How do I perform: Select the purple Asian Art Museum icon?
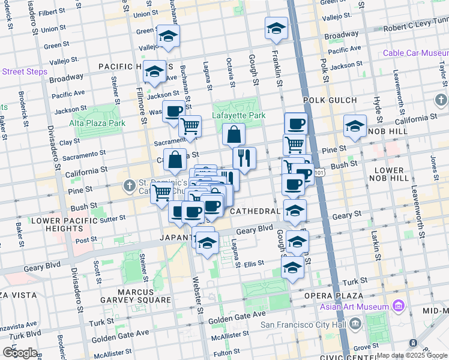[x=397, y=307]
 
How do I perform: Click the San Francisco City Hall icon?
[x=355, y=325]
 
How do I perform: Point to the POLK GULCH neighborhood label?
[x=326, y=100]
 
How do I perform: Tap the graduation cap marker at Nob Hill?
[x=355, y=126]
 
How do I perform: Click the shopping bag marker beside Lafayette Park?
[x=234, y=134]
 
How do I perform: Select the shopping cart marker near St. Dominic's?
[x=161, y=193]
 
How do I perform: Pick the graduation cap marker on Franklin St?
[x=276, y=28]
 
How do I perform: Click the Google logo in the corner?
[x=20, y=352]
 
